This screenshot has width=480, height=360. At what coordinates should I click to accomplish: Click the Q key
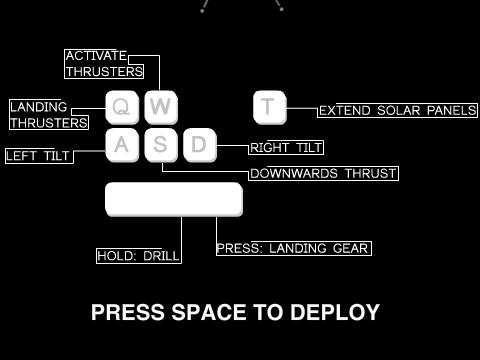click(122, 107)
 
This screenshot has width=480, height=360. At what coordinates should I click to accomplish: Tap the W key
click(161, 107)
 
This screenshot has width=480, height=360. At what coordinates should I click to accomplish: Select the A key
click(122, 145)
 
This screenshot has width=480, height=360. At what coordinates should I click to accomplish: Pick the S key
click(161, 145)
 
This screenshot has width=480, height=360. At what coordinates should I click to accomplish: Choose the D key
click(200, 145)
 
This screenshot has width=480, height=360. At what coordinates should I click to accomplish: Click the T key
click(270, 107)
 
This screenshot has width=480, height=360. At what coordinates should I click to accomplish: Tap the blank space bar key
click(174, 199)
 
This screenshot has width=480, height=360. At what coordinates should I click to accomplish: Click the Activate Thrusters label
click(104, 64)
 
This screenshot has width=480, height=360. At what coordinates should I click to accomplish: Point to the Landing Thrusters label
click(49, 115)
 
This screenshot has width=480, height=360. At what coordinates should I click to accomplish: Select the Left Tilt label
click(39, 156)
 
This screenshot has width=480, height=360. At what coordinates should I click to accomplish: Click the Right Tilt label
click(286, 147)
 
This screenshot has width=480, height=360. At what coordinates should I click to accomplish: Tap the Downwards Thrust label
click(323, 173)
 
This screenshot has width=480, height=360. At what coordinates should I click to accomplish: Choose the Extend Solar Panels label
click(397, 110)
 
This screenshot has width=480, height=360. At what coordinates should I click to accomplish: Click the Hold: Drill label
click(139, 256)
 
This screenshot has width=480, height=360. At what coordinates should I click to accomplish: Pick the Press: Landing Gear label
click(294, 248)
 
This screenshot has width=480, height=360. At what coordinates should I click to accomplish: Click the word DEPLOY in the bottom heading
click(335, 312)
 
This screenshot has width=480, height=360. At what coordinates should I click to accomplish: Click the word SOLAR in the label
click(398, 111)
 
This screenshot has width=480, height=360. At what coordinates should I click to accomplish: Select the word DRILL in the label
click(161, 256)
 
